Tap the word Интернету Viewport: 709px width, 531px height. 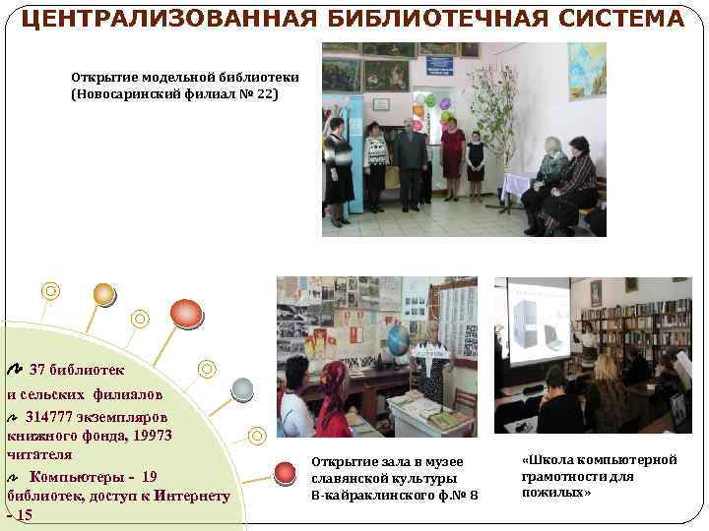click(x=186, y=496)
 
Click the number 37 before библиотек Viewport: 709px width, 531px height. click(x=38, y=371)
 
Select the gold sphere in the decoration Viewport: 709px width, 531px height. click(x=103, y=294)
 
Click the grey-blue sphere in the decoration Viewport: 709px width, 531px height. click(x=242, y=389)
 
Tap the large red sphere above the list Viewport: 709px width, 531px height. click(x=186, y=313)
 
